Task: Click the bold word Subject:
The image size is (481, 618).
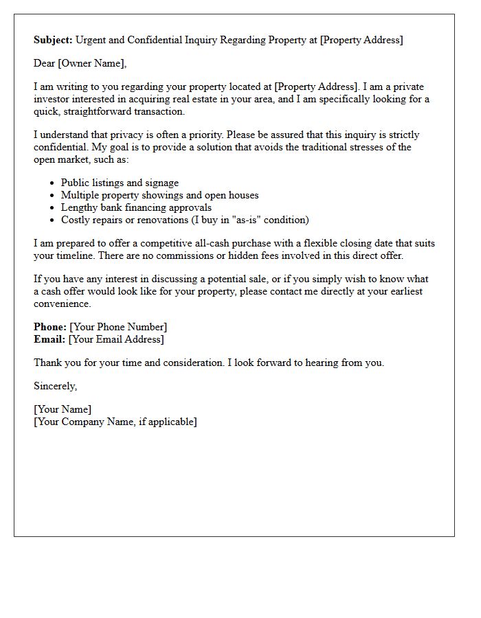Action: [53, 40]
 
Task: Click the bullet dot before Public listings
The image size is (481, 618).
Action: [53, 183]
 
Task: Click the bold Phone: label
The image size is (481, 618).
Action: [50, 327]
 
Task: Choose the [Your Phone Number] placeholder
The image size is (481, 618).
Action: [118, 327]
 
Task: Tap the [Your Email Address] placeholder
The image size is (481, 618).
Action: [116, 339]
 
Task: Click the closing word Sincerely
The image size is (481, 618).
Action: [56, 386]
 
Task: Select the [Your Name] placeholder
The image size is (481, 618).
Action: [63, 410]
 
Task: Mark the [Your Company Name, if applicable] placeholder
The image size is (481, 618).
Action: [115, 422]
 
